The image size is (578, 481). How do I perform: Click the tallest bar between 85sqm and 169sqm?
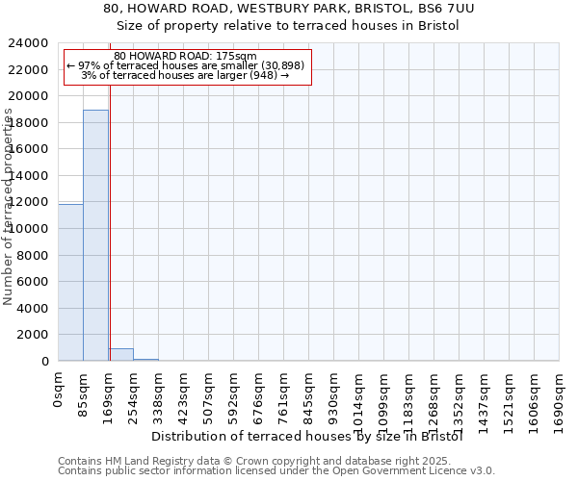pyautogui.click(x=95, y=236)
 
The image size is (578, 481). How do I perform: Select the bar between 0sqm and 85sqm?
pyautogui.click(x=70, y=283)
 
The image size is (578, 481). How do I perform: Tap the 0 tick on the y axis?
pyautogui.click(x=45, y=362)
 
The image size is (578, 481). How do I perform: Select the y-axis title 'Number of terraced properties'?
pyautogui.click(x=9, y=207)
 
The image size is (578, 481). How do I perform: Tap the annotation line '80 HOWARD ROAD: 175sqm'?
pyautogui.click(x=185, y=56)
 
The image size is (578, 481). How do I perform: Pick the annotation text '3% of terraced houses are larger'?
pyautogui.click(x=185, y=75)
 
